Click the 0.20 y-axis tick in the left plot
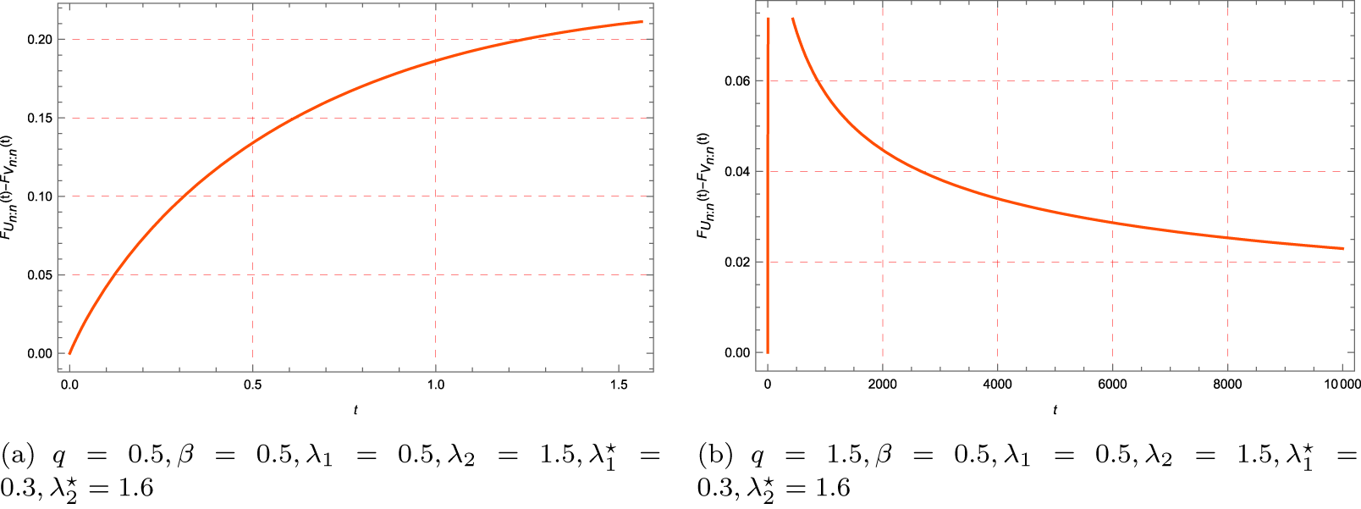coord(39,40)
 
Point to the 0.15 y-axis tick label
coord(39,118)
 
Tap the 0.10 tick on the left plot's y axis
coord(39,196)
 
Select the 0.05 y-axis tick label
coord(39,275)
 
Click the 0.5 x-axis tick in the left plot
coord(252,385)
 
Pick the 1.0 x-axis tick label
coord(435,385)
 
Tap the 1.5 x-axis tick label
coord(618,385)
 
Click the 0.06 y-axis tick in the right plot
coord(737,81)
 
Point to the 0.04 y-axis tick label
coord(737,172)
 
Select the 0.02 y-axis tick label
coord(737,263)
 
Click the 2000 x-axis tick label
coord(882,385)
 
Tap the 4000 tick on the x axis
coord(997,385)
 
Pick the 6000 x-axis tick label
coord(1112,385)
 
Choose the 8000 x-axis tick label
coord(1227,385)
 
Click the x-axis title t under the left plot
coord(355,410)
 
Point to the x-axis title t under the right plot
coord(1055,410)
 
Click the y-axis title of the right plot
coord(703,185)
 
